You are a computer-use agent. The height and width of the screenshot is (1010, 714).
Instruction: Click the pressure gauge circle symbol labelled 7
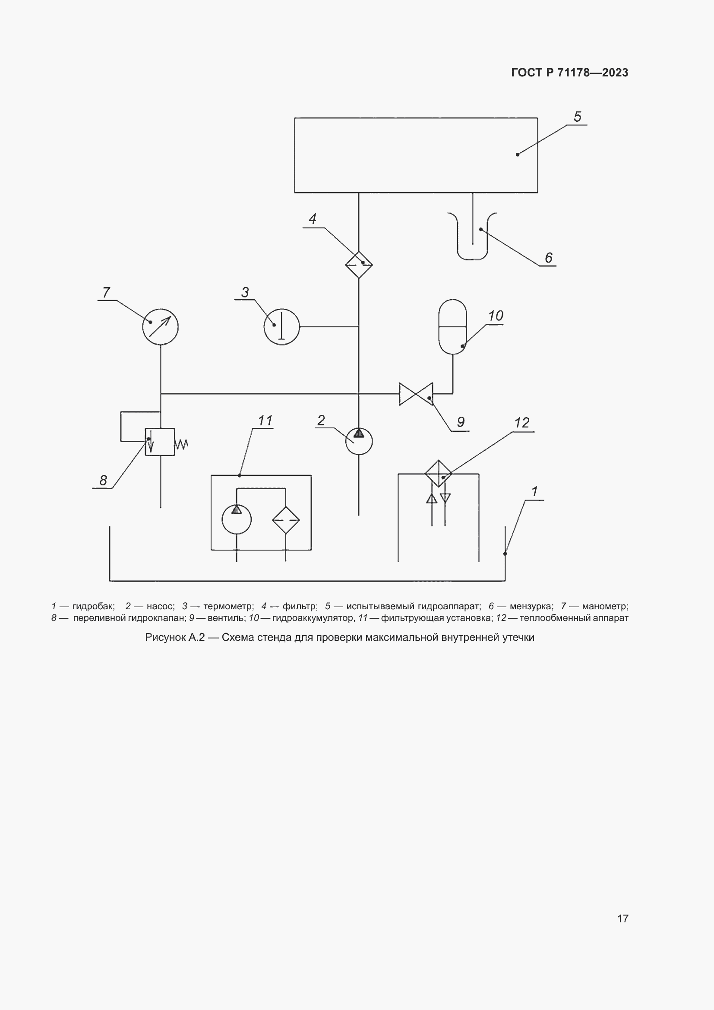tap(161, 327)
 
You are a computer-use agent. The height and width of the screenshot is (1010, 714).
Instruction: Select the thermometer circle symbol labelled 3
tap(281, 327)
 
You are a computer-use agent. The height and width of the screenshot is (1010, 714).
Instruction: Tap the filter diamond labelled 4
tap(359, 265)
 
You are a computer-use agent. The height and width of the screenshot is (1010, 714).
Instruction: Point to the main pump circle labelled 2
tap(359, 442)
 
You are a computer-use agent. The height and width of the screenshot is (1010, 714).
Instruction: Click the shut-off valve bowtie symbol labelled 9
tap(415, 394)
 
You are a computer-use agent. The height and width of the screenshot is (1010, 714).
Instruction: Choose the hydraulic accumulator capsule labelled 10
tap(452, 327)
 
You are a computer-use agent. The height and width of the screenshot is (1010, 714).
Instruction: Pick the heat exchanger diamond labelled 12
tap(438, 474)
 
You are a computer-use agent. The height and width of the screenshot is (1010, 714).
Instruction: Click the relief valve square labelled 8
tap(160, 442)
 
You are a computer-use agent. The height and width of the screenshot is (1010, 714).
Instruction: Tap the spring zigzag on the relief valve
tap(182, 445)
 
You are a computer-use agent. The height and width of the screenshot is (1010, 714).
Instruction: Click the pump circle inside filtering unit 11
tap(237, 519)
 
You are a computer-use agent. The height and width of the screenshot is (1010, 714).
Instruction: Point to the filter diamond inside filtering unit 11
tap(286, 520)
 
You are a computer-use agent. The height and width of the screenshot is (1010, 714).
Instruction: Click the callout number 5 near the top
tap(577, 117)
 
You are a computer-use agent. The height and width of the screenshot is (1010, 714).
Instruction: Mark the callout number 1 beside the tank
tap(534, 491)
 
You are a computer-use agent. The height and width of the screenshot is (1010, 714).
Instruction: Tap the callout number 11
tap(265, 421)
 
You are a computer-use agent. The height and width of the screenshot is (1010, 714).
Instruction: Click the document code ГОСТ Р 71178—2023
tap(570, 73)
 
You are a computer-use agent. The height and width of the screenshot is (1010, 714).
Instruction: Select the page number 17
tap(622, 918)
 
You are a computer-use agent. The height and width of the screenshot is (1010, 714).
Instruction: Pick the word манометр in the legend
tap(605, 606)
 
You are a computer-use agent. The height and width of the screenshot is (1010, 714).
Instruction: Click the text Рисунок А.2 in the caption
tap(175, 637)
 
